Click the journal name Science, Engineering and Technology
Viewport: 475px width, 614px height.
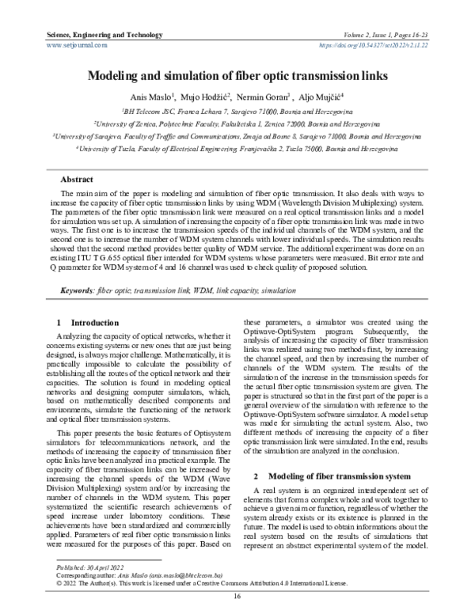pos(94,36)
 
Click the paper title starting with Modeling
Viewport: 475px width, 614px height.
pos(237,78)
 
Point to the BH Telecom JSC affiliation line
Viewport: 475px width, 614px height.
pos(237,112)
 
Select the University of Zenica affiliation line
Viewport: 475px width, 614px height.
pos(237,124)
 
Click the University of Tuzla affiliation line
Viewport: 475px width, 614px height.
pos(237,148)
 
